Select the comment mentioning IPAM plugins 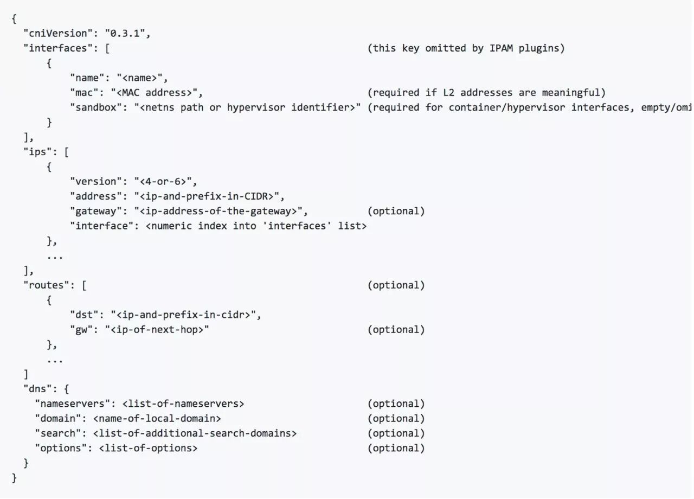[466, 48]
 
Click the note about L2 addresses [486, 92]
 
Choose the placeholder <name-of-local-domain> [157, 418]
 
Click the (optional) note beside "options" [396, 448]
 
